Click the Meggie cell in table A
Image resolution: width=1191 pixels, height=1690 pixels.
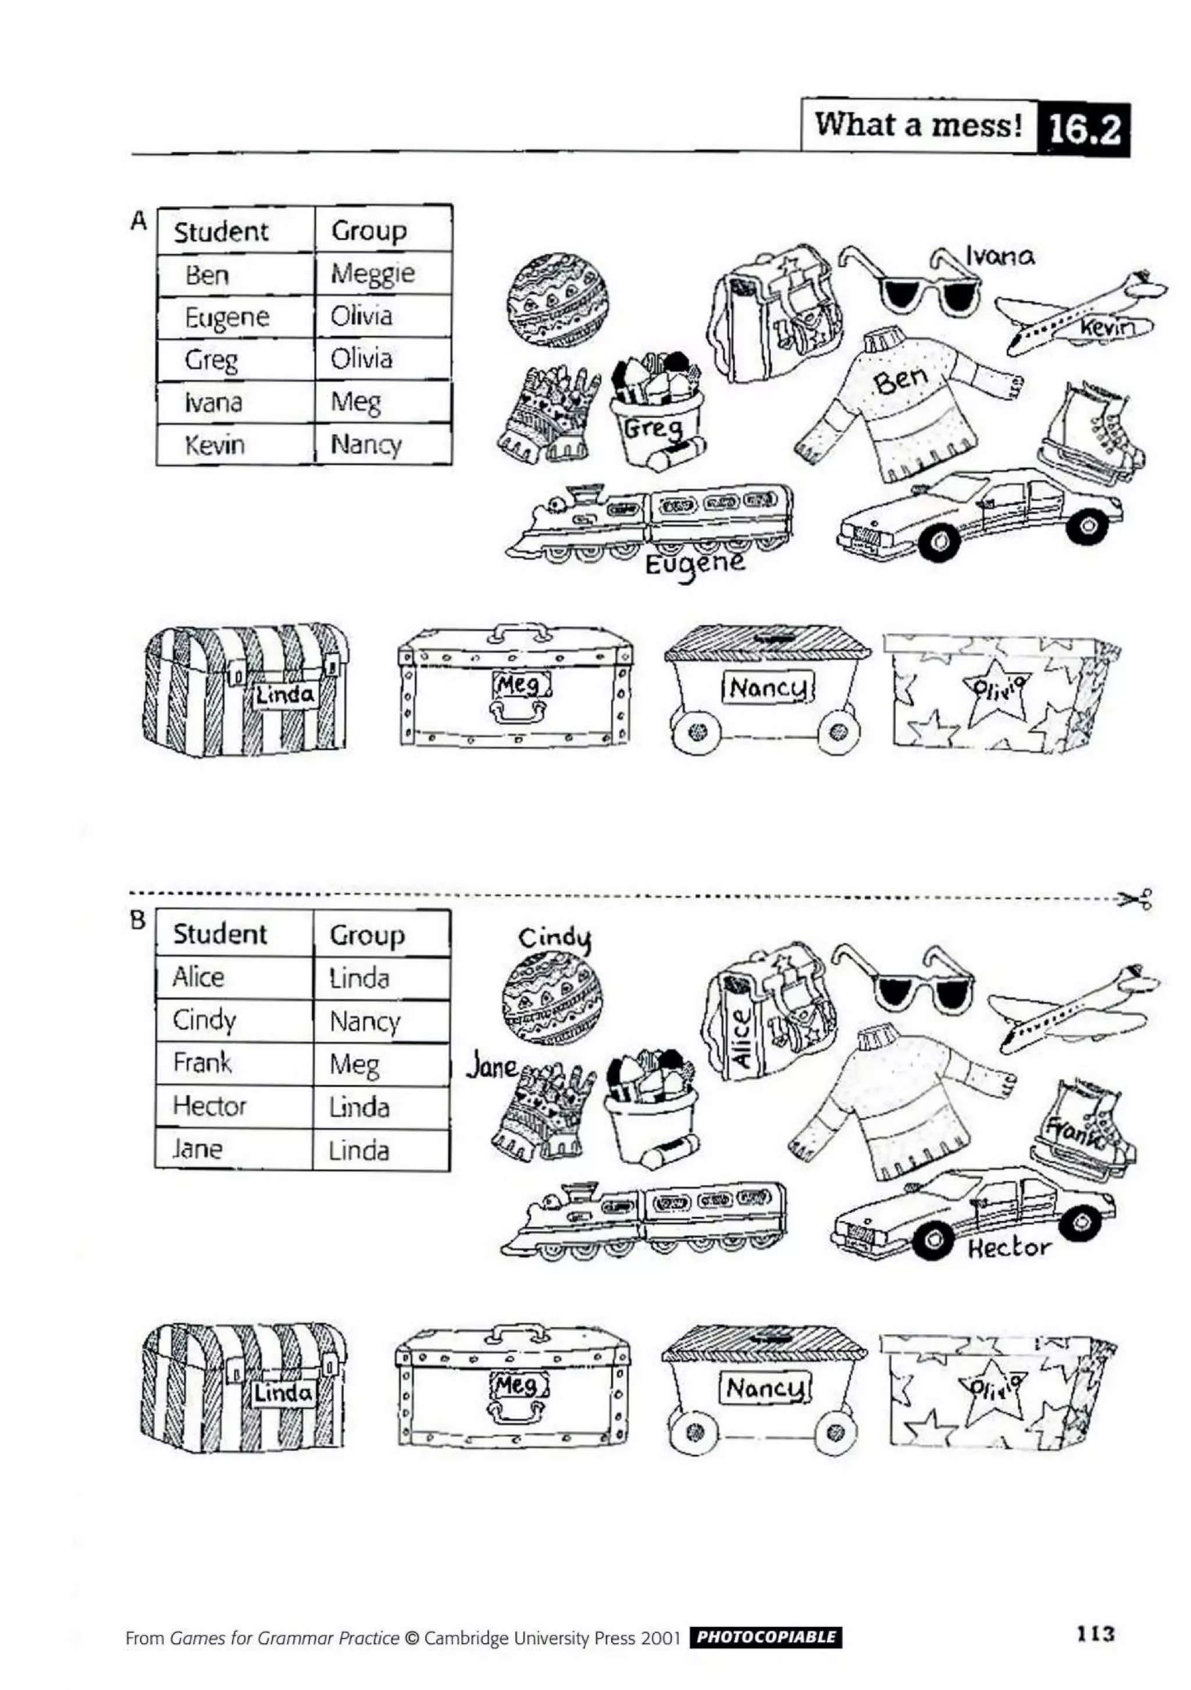click(x=374, y=274)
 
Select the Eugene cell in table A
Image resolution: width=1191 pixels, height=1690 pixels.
click(x=227, y=318)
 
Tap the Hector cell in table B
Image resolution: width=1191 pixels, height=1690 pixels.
click(x=210, y=1106)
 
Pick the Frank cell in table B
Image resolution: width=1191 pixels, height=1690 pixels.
click(x=202, y=1063)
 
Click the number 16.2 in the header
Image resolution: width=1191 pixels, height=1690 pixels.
click(x=1083, y=130)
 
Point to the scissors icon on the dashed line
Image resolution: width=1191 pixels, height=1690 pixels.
click(x=1136, y=899)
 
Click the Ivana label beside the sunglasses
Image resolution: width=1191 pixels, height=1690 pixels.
click(x=1000, y=256)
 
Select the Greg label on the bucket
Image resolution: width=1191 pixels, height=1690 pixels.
click(x=651, y=428)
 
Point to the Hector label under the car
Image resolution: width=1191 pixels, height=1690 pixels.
click(x=1008, y=1248)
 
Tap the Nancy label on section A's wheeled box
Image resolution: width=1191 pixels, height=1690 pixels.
click(x=768, y=689)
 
